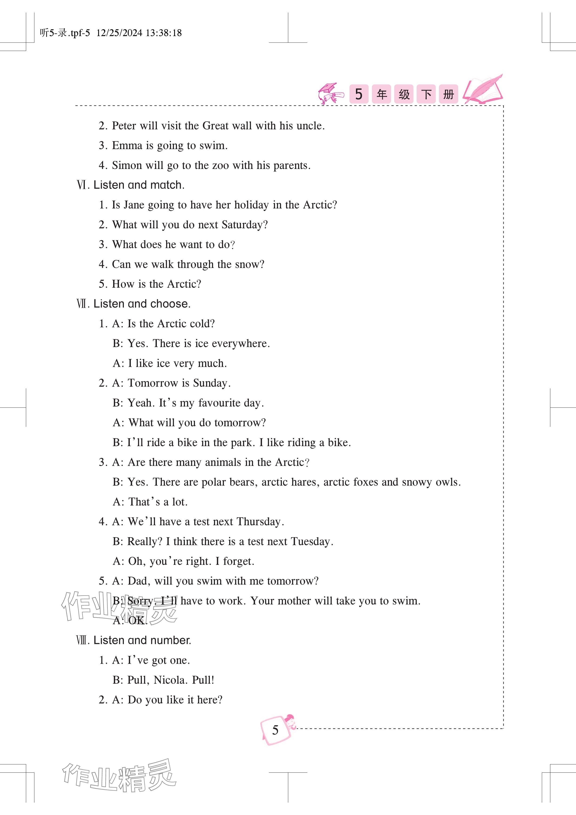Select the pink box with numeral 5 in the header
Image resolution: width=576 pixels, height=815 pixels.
click(x=359, y=94)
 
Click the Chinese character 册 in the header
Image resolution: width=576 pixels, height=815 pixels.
click(x=448, y=94)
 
